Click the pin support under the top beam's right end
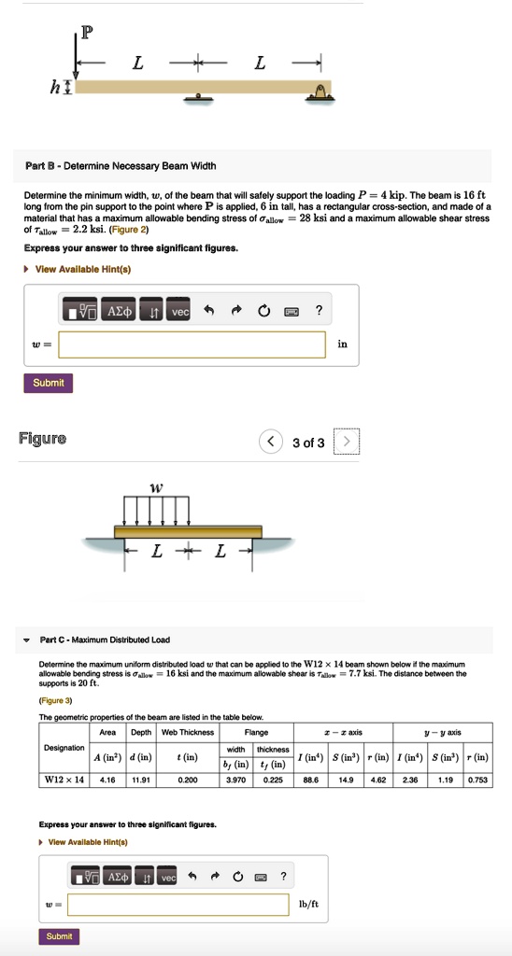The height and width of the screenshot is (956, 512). [x=320, y=91]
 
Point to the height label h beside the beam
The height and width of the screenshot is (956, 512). [x=56, y=87]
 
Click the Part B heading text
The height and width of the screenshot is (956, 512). [x=121, y=166]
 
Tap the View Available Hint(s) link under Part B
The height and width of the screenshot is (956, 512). [x=82, y=269]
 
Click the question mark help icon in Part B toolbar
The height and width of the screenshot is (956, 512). [x=320, y=311]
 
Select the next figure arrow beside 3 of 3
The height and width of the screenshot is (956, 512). [x=346, y=442]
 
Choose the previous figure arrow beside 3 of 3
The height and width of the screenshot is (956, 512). [x=271, y=442]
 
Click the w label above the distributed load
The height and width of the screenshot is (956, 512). [x=156, y=486]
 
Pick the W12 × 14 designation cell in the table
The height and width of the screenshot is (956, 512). [x=64, y=780]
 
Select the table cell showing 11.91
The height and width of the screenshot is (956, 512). [x=141, y=780]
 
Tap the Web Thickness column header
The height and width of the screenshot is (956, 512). [x=188, y=733]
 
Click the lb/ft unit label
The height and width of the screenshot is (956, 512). [x=308, y=904]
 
